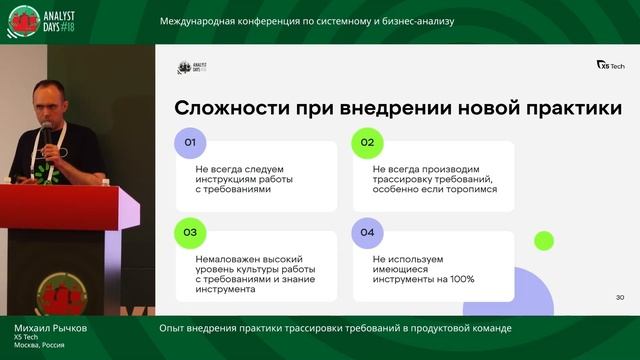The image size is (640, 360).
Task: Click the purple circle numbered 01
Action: (190, 143)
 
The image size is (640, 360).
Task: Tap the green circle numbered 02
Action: (367, 143)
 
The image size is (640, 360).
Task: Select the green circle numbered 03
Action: (190, 233)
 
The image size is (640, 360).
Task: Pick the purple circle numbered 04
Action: (367, 233)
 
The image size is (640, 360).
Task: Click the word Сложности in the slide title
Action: (226, 107)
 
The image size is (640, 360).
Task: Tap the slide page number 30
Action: (619, 297)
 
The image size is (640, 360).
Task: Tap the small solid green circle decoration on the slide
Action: (543, 240)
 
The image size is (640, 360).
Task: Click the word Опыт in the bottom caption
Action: (171, 328)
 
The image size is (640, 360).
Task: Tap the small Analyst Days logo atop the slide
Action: (190, 68)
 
